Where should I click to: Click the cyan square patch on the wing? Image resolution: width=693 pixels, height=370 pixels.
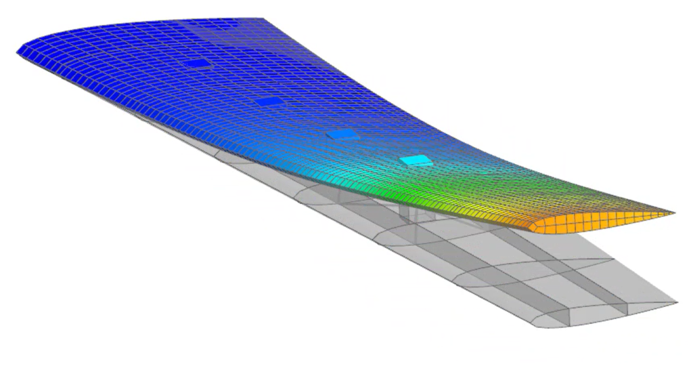[x=415, y=161]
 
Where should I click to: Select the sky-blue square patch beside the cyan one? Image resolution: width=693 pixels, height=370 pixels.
[x=341, y=135]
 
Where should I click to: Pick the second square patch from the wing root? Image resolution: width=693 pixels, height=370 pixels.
[x=269, y=101]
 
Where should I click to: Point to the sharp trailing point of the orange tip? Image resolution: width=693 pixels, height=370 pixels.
[x=673, y=214]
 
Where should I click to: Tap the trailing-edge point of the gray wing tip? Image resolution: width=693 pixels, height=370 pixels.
[x=676, y=302]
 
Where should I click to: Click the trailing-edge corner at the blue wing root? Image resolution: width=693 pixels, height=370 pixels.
[x=260, y=19]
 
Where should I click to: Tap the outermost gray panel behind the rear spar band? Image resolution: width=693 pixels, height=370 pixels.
[x=629, y=278]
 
